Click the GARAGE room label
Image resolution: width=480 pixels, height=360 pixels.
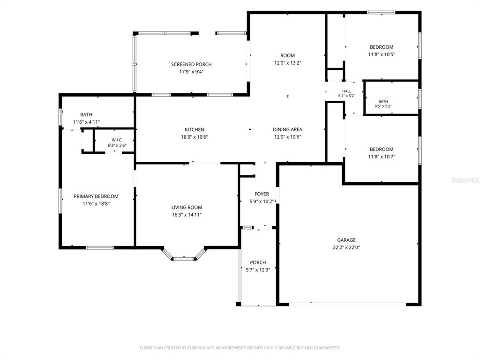[x=346, y=240]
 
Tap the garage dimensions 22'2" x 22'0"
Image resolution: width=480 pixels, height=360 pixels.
[x=346, y=247]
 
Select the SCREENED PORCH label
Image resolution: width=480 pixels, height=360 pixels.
[x=191, y=64]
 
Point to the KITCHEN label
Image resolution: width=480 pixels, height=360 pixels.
[x=195, y=129]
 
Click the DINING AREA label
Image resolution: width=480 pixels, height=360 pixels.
[x=287, y=129]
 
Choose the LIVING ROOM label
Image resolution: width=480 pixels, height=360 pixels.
[x=187, y=207]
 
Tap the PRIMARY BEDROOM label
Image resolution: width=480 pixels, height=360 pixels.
[x=96, y=196]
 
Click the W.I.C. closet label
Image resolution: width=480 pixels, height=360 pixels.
[x=117, y=140]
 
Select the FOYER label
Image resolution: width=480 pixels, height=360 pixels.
[x=262, y=194]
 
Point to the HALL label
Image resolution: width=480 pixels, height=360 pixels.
[x=346, y=91]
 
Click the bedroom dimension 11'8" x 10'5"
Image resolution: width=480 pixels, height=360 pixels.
[x=382, y=54]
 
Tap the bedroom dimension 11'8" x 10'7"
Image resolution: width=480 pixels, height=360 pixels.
[x=382, y=157]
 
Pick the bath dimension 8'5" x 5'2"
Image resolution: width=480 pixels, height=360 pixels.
[x=383, y=106]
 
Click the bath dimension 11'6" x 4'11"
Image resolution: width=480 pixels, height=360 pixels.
[x=86, y=122]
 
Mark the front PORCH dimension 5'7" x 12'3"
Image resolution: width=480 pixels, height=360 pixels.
[x=258, y=270]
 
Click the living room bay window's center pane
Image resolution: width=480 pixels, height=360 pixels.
[x=184, y=259]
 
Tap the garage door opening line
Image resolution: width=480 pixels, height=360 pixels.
[x=347, y=304]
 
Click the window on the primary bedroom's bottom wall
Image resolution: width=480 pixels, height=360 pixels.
[x=99, y=247]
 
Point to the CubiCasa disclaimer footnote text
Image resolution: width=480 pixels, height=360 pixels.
[x=240, y=348]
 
